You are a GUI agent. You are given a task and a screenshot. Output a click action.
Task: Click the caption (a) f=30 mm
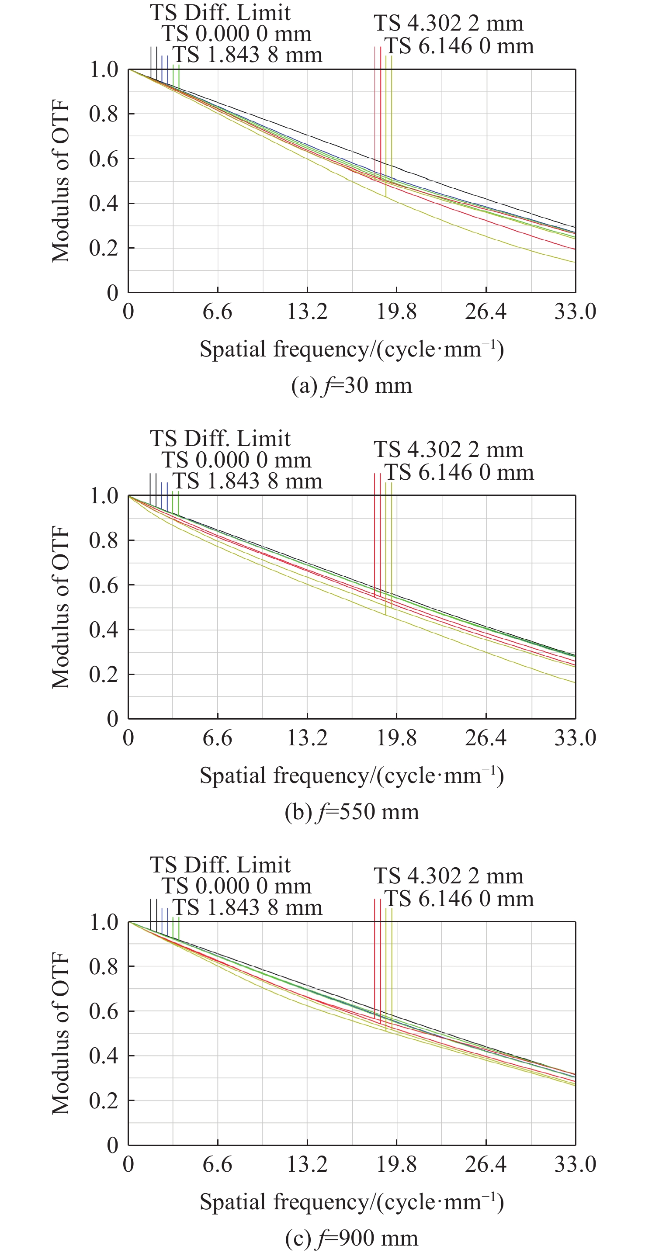pyautogui.click(x=351, y=386)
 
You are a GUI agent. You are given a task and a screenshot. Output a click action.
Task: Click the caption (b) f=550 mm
pyautogui.click(x=351, y=812)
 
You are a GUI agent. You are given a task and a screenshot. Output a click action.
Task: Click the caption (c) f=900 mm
pyautogui.click(x=351, y=1238)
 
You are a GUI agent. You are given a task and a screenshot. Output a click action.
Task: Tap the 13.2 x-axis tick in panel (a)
pyautogui.click(x=307, y=312)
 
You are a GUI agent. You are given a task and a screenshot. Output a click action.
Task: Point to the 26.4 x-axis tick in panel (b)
pyautogui.click(x=485, y=738)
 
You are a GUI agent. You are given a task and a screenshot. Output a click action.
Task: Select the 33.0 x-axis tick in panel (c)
pyautogui.click(x=575, y=1164)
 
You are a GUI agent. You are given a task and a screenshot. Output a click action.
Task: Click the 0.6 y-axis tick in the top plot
pyautogui.click(x=104, y=159)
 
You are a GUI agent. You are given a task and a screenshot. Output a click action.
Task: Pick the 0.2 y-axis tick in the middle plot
pyautogui.click(x=104, y=674)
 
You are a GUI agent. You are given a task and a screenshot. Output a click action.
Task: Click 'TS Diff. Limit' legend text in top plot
pyautogui.click(x=220, y=12)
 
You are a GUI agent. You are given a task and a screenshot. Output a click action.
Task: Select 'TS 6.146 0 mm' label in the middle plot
pyautogui.click(x=459, y=472)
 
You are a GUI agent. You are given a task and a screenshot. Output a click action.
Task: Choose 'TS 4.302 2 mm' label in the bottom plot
pyautogui.click(x=448, y=876)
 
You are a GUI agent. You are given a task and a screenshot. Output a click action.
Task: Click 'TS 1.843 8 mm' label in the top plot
pyautogui.click(x=248, y=55)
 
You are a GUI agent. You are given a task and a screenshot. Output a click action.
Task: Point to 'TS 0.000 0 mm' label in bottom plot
pyautogui.click(x=236, y=886)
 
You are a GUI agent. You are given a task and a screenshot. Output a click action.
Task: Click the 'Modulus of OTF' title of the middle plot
pyautogui.click(x=61, y=607)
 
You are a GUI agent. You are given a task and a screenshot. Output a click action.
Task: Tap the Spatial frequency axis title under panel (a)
pyautogui.click(x=351, y=349)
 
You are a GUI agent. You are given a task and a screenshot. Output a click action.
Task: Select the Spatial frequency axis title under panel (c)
pyautogui.click(x=351, y=1201)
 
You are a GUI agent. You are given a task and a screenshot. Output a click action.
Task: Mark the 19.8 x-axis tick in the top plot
pyautogui.click(x=396, y=312)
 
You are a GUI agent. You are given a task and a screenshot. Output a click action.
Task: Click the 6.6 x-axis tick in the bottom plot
pyautogui.click(x=218, y=1164)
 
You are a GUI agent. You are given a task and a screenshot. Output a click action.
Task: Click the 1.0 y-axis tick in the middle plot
pyautogui.click(x=104, y=496)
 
